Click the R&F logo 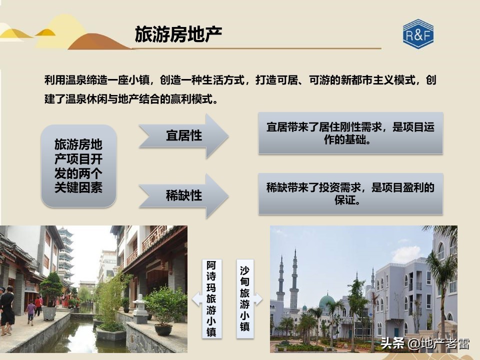tap(418, 34)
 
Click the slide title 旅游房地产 tap(178, 34)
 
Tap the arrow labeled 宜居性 tap(183, 136)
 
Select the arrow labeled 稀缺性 tap(183, 195)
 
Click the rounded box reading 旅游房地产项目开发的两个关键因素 tap(78, 166)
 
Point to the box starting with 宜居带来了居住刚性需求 tap(350, 133)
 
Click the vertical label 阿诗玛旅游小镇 tap(211, 298)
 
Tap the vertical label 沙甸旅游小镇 tap(244, 298)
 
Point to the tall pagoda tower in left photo tap(65, 255)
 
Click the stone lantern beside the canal tap(140, 307)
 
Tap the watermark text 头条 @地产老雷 tap(425, 343)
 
